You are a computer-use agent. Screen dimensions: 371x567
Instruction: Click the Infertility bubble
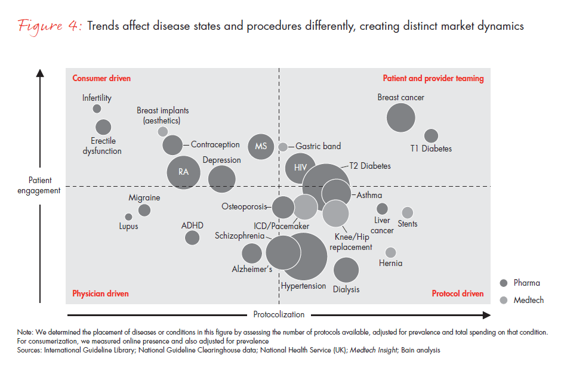point(97,109)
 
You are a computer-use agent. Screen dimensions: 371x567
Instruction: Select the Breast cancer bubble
point(400,117)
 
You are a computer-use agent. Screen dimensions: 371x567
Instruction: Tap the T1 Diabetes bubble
point(431,136)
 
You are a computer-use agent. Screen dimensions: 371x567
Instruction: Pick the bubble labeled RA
point(183,172)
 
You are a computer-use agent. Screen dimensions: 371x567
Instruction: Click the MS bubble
point(261,146)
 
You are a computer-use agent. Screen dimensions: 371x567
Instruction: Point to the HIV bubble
point(300,168)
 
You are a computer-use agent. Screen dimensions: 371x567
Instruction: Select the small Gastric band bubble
point(283,147)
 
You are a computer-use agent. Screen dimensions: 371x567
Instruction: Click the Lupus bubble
point(128,217)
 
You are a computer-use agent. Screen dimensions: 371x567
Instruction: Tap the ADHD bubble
point(192,237)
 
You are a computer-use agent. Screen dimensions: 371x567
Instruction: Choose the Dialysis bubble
point(346,270)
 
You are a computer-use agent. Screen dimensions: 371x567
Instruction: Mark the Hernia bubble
point(390,252)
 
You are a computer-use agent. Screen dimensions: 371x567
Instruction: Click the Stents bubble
point(408,212)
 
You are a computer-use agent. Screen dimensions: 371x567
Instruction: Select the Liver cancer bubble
point(382,208)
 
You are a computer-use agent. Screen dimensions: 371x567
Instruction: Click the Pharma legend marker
point(503,283)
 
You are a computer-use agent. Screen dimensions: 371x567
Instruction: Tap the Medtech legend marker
point(503,300)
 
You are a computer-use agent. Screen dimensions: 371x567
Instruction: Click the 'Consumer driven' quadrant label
point(101,78)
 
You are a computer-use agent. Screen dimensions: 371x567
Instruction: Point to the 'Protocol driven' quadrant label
point(457,293)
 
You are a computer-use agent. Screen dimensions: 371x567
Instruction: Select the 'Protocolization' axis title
point(279,314)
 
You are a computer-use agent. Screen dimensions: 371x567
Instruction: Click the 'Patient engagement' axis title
point(40,185)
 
